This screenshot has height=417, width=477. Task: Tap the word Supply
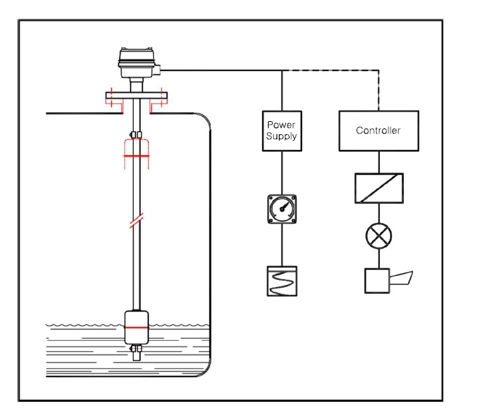[x=282, y=136]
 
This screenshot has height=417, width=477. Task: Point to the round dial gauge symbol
[x=282, y=209]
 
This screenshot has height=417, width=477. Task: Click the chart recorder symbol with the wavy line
[x=282, y=281]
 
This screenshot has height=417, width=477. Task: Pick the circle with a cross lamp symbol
[x=379, y=236]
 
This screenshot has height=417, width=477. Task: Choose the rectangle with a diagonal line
[x=379, y=188]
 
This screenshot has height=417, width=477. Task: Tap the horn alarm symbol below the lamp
[x=388, y=281]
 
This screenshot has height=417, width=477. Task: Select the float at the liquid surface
[x=136, y=327]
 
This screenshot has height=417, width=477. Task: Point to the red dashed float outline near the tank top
[x=136, y=154]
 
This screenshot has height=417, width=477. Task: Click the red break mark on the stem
[x=136, y=220]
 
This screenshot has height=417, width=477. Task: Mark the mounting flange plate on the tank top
[x=136, y=96]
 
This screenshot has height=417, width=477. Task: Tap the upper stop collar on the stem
[x=136, y=135]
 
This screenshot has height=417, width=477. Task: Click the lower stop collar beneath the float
[x=136, y=348]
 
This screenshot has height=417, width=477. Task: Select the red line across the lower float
[x=136, y=328]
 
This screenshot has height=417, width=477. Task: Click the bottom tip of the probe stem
[x=136, y=360]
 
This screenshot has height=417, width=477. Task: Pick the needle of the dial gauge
[x=285, y=206]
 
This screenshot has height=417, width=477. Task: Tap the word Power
[x=281, y=125]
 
